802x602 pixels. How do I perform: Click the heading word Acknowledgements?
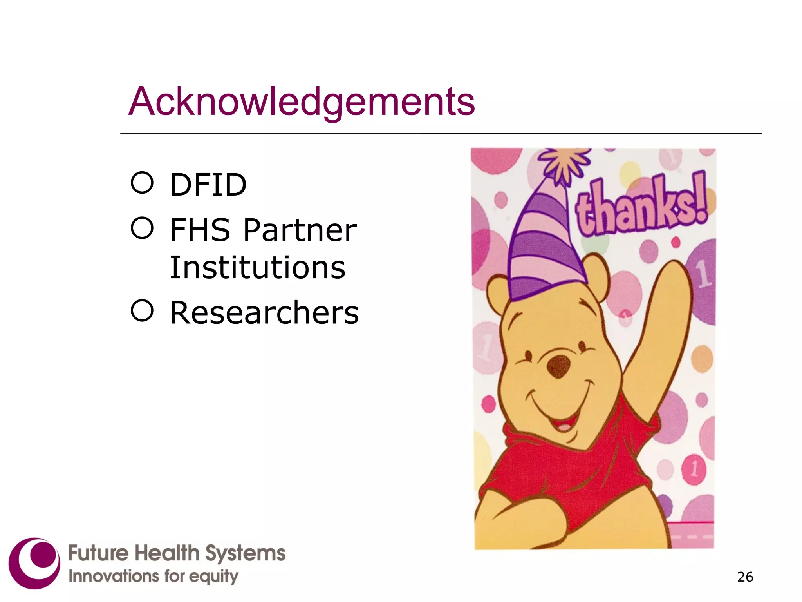coord(302,102)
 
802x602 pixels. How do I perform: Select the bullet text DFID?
coord(208,185)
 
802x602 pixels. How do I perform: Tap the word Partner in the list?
coord(300,230)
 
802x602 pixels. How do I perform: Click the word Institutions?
coord(257,268)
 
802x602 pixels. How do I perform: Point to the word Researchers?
coord(264,313)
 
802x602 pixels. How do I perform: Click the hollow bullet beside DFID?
coord(142,183)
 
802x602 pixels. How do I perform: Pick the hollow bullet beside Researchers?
coord(142,311)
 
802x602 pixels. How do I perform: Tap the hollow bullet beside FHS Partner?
coord(142,228)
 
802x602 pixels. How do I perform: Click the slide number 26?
coord(745,577)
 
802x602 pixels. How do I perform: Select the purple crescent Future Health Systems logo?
coord(34,563)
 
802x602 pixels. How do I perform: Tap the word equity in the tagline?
coord(214,577)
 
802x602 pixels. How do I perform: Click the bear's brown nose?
coord(558,366)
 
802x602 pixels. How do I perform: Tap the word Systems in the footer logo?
coord(245,553)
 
